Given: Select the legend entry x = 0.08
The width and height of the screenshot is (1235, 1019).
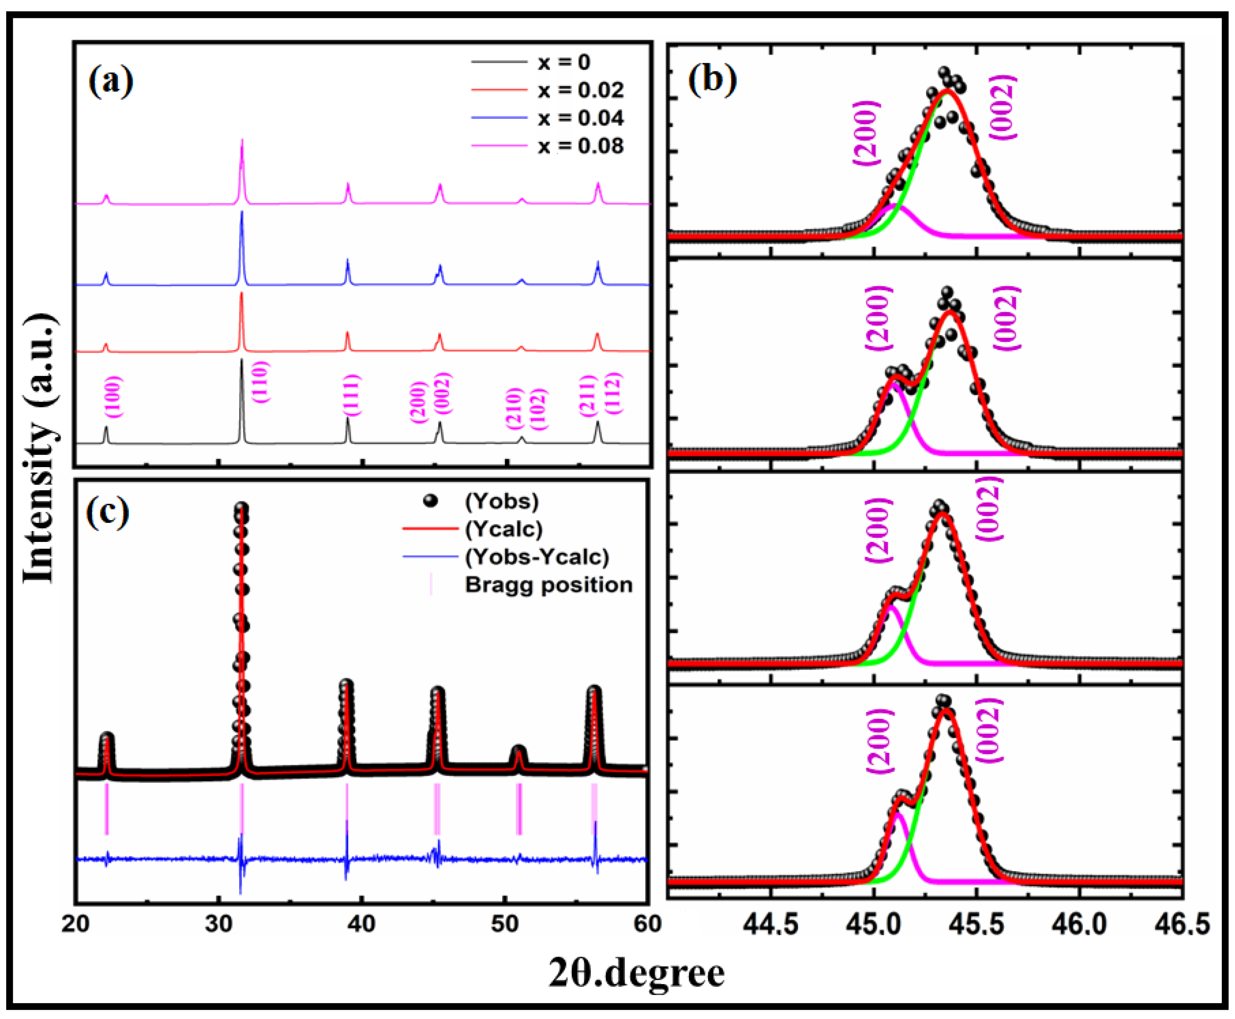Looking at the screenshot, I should tap(580, 145).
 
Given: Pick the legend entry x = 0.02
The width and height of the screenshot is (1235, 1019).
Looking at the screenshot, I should tap(580, 90).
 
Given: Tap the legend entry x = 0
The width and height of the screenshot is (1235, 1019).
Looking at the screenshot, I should tap(564, 62).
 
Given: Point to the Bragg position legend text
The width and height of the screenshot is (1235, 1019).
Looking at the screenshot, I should tap(548, 585).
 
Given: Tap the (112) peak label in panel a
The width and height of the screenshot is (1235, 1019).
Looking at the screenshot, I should tap(613, 393).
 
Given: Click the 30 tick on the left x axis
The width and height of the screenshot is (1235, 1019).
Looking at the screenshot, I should tap(219, 924).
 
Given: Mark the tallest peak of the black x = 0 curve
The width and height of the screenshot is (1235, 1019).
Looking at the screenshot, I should tap(241, 360).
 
